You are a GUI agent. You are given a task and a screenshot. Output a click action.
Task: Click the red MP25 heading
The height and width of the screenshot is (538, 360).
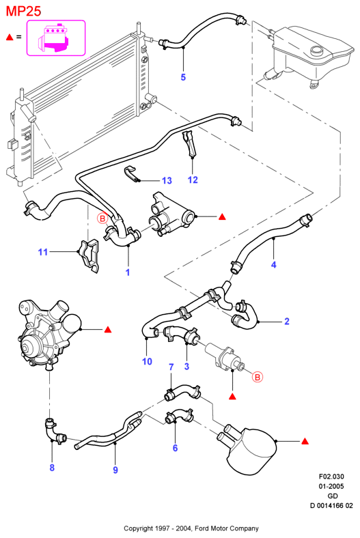24,11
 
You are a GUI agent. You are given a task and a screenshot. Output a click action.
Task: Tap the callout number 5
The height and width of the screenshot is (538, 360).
183,77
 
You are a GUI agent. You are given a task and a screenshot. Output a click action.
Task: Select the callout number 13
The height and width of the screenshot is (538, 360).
167,180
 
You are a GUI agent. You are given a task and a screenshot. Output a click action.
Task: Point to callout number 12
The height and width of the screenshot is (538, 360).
193,180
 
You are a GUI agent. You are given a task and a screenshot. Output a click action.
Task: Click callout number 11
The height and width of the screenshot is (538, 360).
42,252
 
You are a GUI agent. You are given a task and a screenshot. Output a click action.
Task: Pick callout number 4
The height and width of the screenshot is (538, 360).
273,264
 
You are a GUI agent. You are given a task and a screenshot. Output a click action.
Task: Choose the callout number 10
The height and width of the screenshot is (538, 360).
147,361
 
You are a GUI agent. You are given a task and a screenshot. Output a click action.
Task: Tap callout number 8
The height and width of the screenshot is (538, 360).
52,468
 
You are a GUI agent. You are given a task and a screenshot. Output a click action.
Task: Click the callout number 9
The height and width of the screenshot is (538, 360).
115,470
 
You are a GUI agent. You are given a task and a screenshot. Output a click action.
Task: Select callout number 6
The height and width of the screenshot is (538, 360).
175,448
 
